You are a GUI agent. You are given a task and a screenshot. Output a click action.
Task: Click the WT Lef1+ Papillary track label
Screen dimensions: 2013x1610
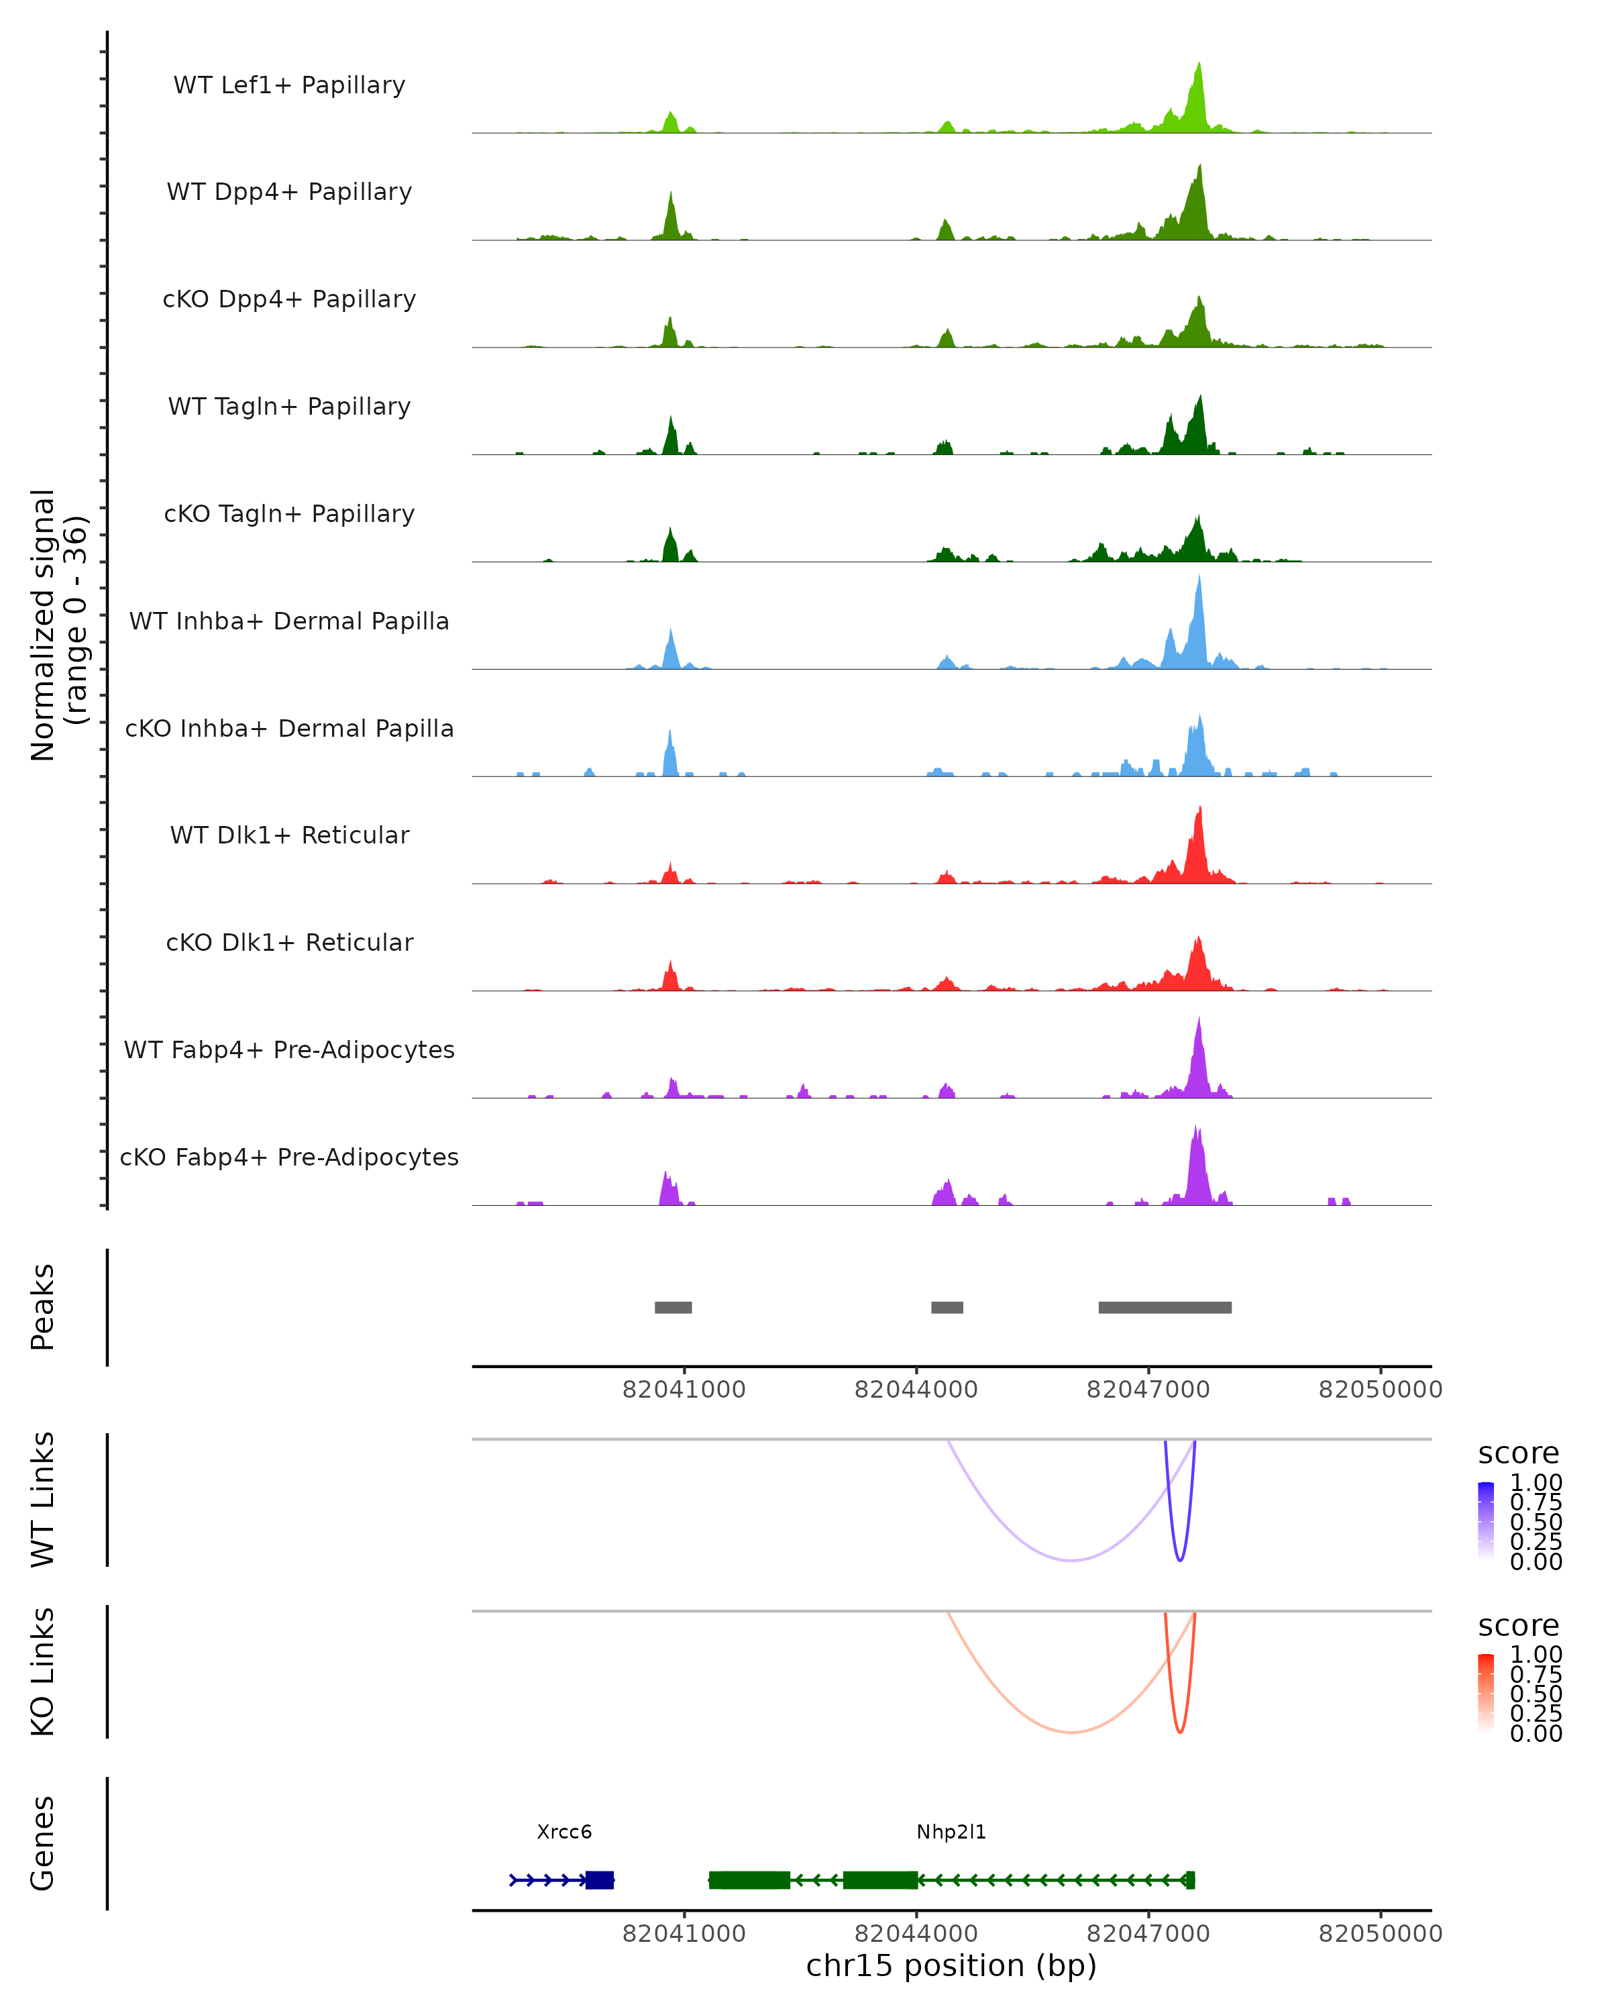(289, 85)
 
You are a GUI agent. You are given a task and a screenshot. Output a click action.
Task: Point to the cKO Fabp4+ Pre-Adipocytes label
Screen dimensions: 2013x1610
(289, 1157)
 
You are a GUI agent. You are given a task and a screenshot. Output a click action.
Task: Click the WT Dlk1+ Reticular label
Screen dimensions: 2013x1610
(289, 835)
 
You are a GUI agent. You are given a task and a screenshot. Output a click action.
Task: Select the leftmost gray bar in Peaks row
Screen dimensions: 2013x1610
(673, 1307)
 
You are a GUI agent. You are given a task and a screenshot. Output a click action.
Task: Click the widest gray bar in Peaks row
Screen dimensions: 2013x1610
(1165, 1307)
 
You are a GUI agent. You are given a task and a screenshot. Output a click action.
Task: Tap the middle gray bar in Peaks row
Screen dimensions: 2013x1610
(947, 1307)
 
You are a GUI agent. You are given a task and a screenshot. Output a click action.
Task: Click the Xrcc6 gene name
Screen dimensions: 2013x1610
(563, 1832)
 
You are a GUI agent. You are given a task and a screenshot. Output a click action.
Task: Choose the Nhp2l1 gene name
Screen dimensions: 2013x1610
(951, 1832)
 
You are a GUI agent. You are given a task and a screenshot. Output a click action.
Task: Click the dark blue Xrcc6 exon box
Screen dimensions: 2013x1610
(599, 1879)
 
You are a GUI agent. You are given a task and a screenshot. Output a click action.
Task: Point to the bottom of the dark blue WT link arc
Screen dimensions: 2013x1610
(1180, 1560)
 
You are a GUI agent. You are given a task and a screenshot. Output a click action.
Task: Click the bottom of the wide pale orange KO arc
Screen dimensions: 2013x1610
(1071, 1732)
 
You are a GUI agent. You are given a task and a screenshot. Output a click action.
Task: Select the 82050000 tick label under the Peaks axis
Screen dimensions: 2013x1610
(1381, 1390)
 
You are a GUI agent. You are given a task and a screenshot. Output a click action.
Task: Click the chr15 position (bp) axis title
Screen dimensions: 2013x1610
(951, 1965)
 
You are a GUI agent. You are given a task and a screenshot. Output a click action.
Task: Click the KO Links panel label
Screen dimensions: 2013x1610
(43, 1672)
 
